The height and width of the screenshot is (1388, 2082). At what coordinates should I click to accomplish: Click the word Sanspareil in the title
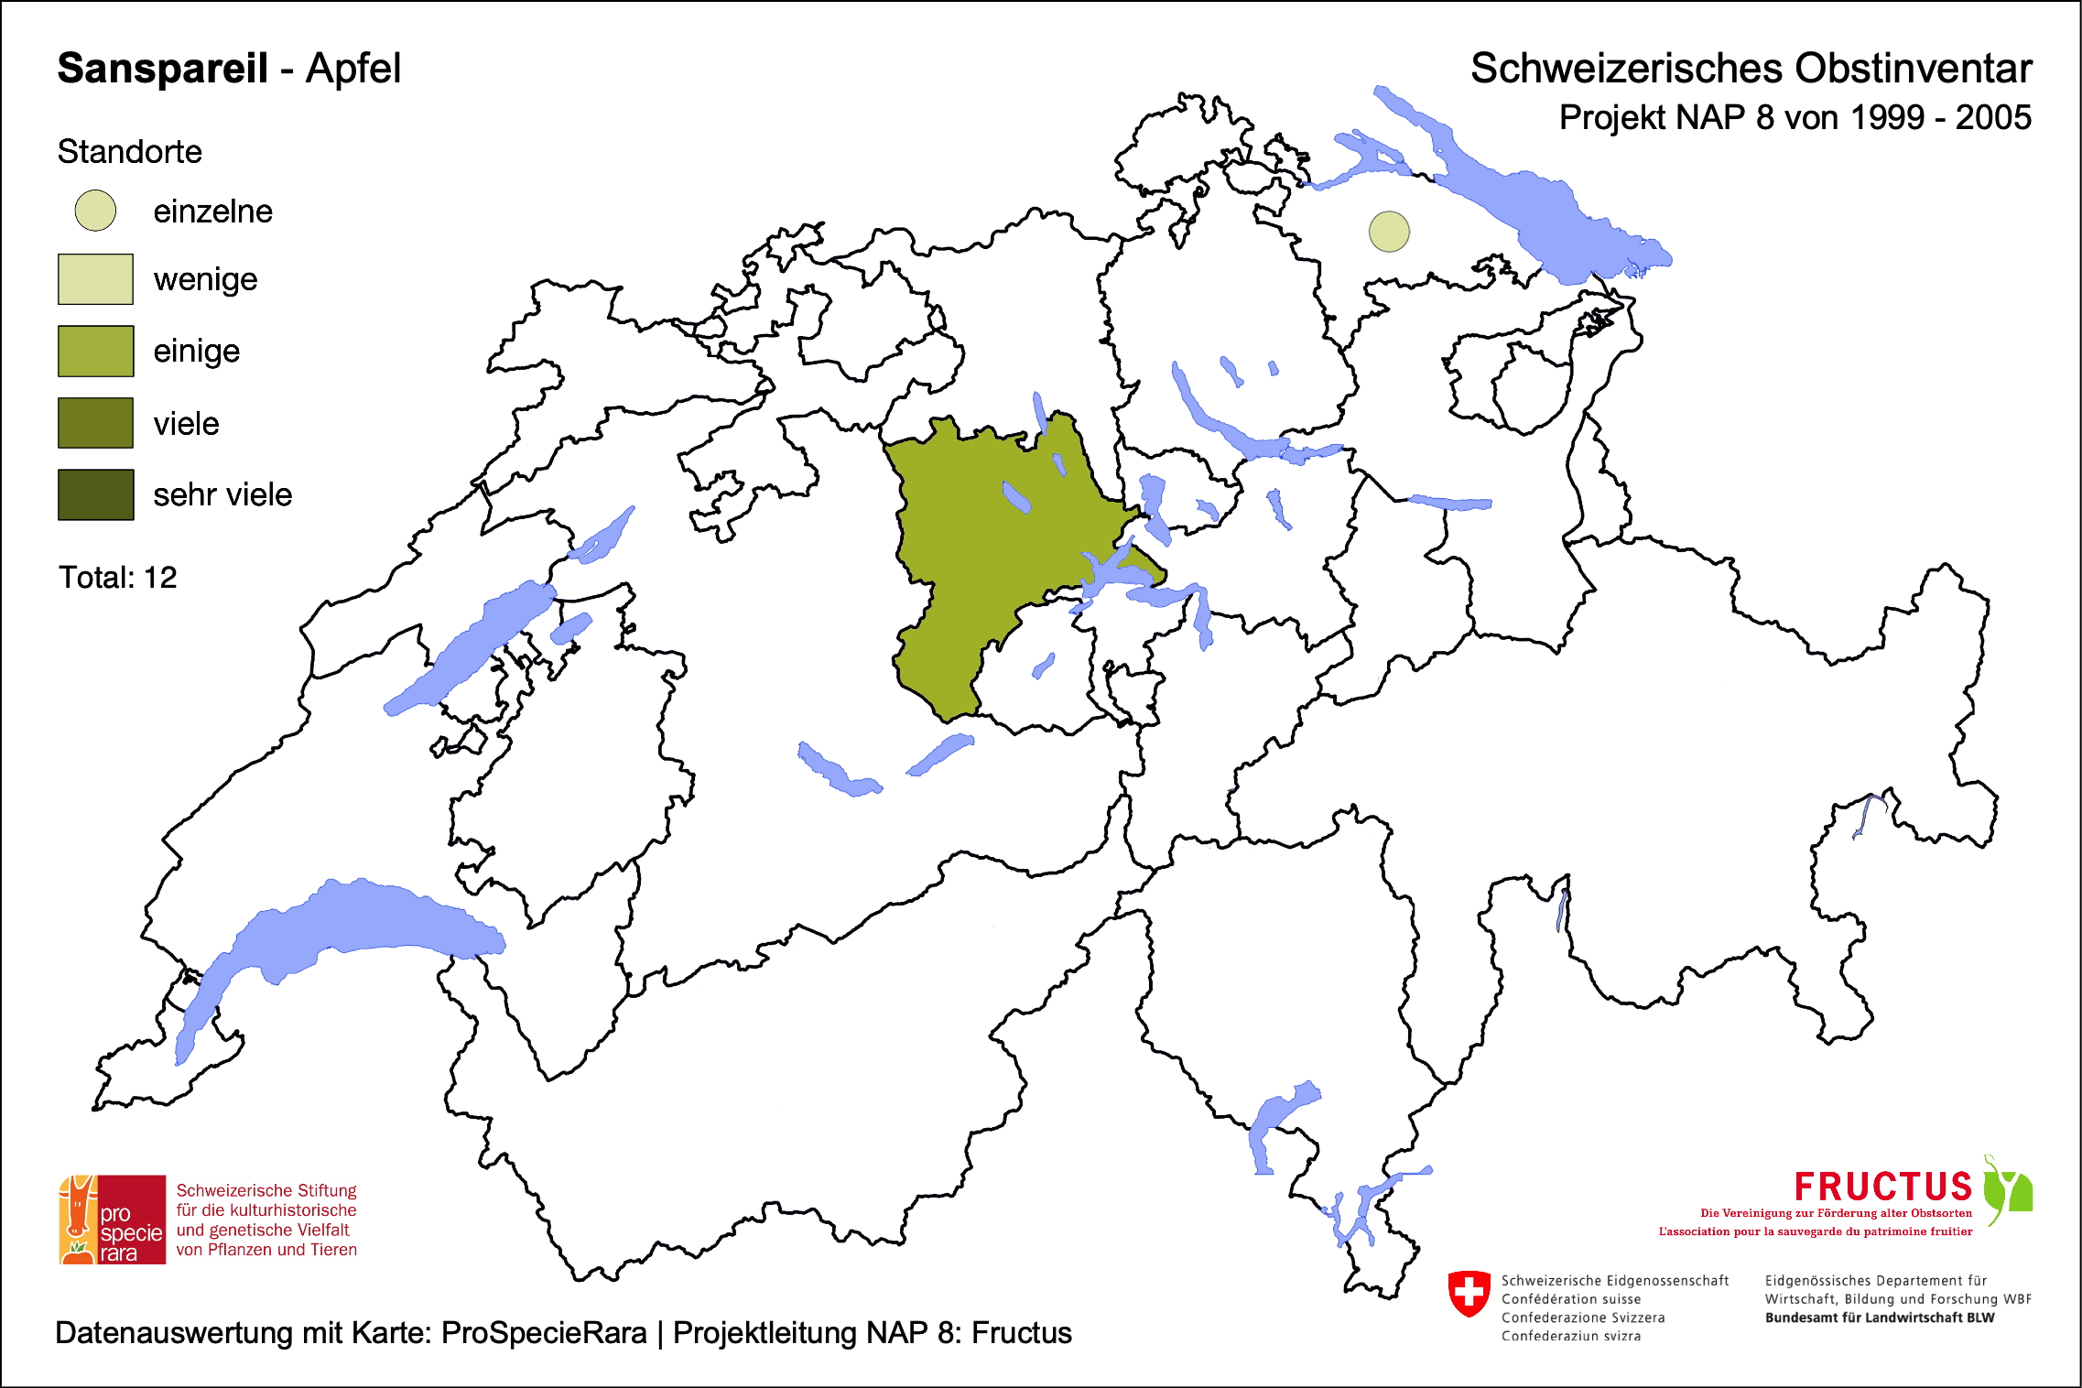tap(162, 69)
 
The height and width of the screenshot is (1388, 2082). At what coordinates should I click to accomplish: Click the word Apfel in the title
tap(353, 69)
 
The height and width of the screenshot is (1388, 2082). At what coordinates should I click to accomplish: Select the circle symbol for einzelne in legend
tap(95, 211)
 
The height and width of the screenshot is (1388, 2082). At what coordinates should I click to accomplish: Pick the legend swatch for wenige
tap(95, 279)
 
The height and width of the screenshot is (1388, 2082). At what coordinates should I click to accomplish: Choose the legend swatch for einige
tap(95, 351)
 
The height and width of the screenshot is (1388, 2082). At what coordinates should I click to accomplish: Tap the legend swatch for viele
tap(95, 423)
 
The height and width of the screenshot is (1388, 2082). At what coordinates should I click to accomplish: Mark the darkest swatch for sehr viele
tap(95, 494)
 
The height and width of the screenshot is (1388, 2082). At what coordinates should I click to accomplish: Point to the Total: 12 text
tap(117, 578)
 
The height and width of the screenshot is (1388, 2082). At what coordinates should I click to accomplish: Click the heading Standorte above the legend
tap(129, 152)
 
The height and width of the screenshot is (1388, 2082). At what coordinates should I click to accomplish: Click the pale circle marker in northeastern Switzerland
tap(1389, 232)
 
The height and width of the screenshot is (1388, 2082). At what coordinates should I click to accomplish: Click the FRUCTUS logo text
tap(1882, 1187)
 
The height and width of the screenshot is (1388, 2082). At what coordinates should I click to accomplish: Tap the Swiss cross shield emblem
tap(1469, 1293)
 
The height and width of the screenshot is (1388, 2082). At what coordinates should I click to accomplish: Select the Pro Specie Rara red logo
tap(113, 1220)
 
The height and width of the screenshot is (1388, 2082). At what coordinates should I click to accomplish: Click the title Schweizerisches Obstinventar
tap(1751, 69)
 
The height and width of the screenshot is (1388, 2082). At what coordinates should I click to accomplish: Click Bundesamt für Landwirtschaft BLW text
tap(1879, 1318)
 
